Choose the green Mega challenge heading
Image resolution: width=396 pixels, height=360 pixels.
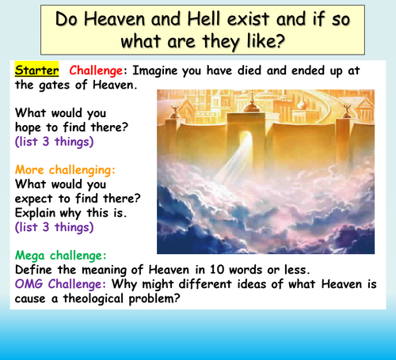point(61,255)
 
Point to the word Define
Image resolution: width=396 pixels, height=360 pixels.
point(35,269)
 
